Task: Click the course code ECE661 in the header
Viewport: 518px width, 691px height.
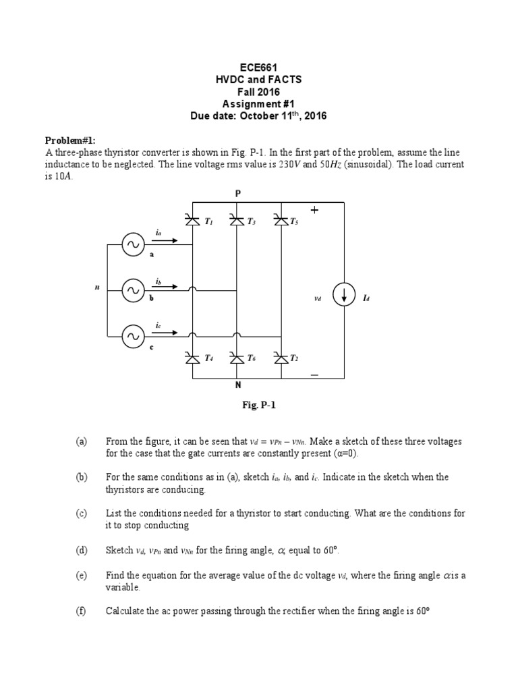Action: coord(259,67)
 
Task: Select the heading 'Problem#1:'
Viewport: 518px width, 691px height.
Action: coord(70,140)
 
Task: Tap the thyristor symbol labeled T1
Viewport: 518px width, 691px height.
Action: coord(193,219)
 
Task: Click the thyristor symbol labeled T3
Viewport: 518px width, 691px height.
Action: coord(237,219)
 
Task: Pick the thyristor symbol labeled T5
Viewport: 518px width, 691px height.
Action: coord(281,219)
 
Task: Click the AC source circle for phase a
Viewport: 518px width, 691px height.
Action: coord(132,246)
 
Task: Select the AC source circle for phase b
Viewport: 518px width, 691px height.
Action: coord(132,290)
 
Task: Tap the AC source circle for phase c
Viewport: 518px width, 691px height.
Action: coord(132,335)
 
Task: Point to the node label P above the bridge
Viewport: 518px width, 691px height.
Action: coord(237,193)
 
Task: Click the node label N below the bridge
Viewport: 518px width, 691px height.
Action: coord(237,385)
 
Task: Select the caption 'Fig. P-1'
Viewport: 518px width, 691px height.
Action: coord(260,406)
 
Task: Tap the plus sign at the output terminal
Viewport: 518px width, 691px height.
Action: coord(314,211)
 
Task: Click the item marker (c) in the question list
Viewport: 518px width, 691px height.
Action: coord(82,514)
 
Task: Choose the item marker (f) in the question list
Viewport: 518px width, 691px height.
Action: coord(82,611)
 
